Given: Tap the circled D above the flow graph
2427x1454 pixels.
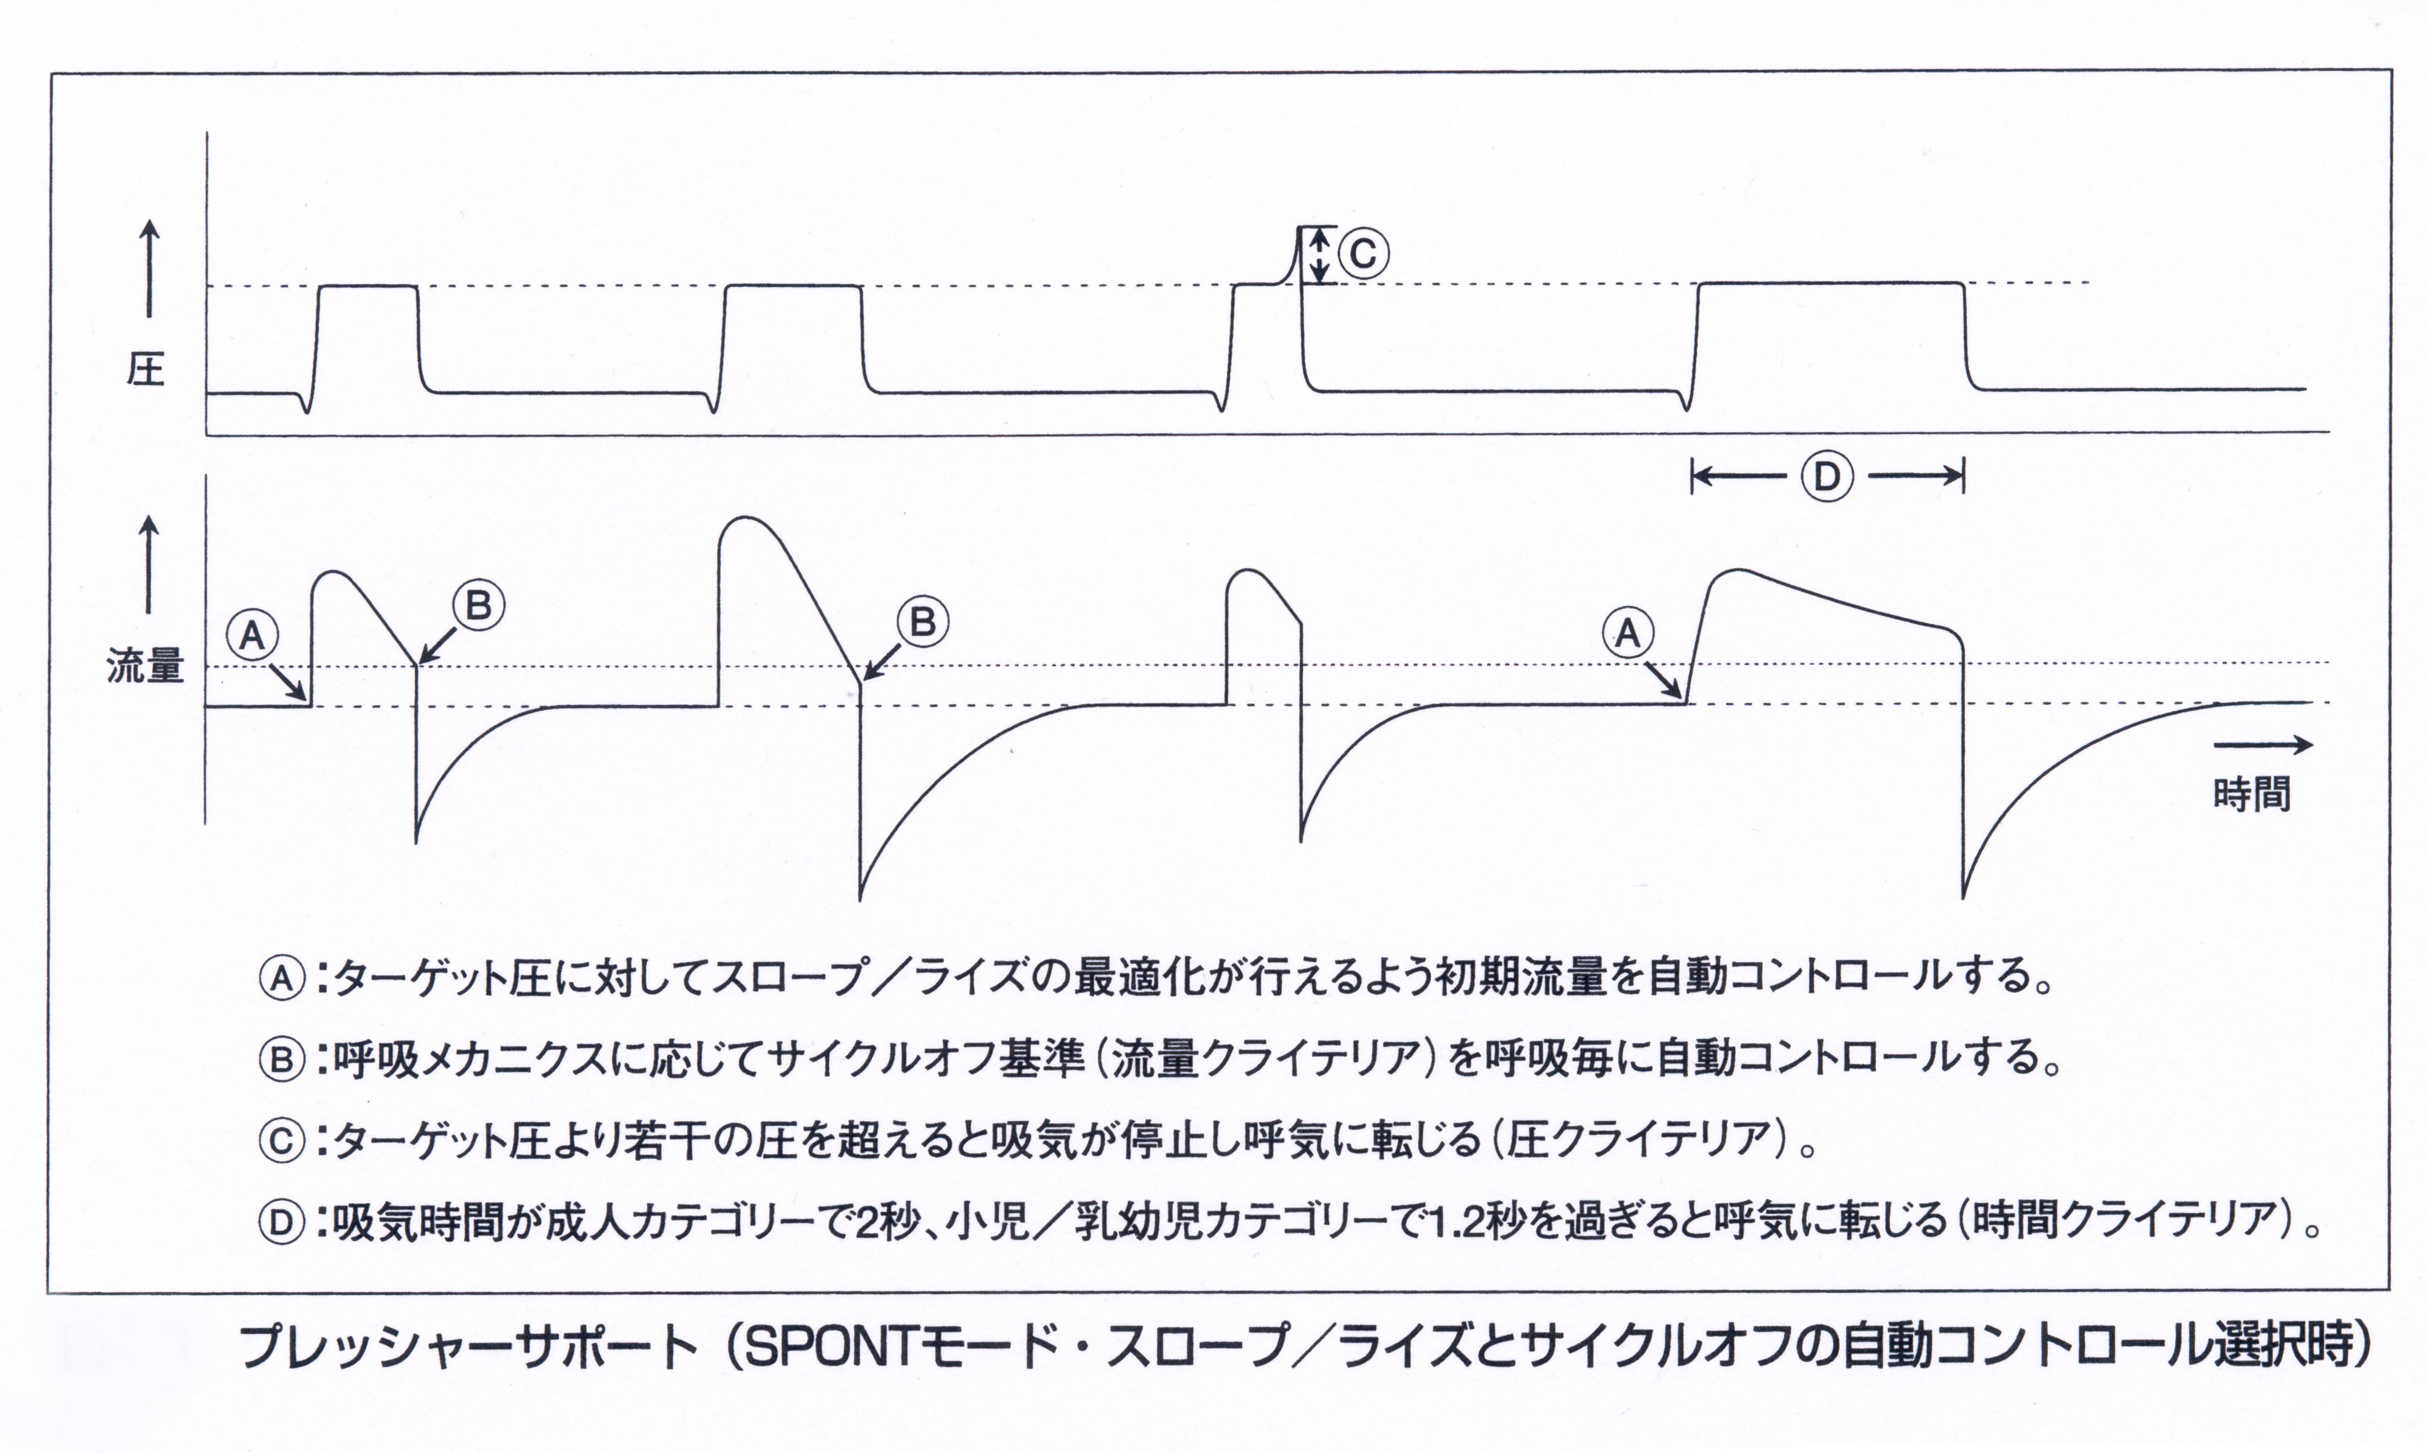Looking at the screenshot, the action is point(1827,477).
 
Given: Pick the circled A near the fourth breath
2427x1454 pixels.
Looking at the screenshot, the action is point(1628,633).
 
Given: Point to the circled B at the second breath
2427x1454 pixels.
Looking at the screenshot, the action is point(923,621).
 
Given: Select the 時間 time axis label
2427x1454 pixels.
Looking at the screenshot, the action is point(2253,794).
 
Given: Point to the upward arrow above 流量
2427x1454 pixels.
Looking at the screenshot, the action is point(149,565).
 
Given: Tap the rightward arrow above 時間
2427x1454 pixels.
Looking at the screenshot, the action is point(2262,746).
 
